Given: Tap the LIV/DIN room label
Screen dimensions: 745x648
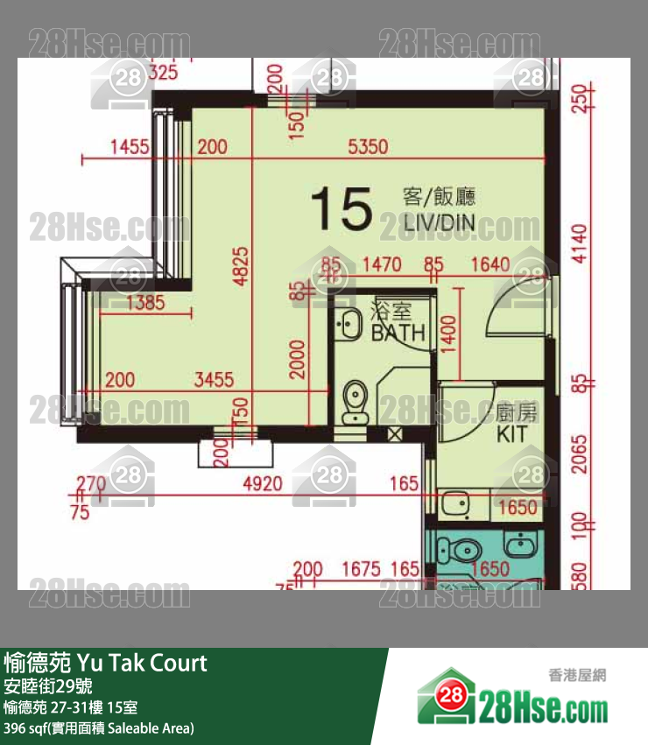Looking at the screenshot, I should [x=439, y=221].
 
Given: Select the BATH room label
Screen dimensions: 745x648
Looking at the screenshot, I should [x=398, y=333].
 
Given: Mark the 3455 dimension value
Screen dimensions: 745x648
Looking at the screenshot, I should [x=214, y=380].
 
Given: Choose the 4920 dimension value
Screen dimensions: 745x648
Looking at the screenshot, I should [x=262, y=483].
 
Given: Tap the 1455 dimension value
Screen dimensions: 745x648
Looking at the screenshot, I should [x=130, y=148].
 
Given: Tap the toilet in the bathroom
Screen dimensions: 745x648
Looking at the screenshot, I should [x=355, y=402].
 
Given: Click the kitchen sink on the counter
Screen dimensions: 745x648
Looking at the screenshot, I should [x=454, y=504].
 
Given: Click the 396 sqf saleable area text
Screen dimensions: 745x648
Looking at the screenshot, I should [x=98, y=727].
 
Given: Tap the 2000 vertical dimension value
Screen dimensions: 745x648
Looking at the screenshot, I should [x=299, y=360].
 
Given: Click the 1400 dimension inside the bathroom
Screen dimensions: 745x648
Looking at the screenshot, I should [x=448, y=332].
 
